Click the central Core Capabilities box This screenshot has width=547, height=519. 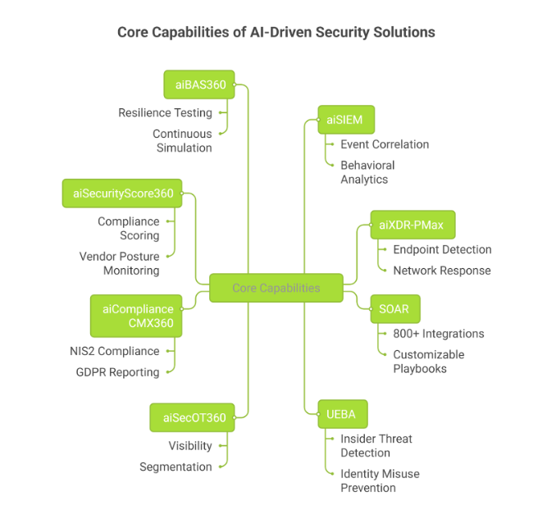coord(276,288)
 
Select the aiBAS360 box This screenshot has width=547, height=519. coord(199,84)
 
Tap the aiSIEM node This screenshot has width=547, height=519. coord(340,120)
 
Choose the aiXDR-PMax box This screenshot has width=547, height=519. coord(412,224)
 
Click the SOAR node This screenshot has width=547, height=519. coord(394,309)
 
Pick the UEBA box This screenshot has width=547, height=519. coord(342,414)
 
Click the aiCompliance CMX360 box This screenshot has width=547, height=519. coord(138,316)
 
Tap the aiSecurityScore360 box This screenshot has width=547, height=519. coord(123,193)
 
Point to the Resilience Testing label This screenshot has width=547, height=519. coord(165,112)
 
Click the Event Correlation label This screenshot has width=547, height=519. coord(385,144)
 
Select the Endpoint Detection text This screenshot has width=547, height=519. coord(442,249)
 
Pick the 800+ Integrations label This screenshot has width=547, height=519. coord(438,334)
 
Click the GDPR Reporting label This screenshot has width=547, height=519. coord(117,372)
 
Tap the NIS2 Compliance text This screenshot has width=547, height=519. coord(114,351)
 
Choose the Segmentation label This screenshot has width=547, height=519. coord(175,467)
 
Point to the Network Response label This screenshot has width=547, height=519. coord(441,271)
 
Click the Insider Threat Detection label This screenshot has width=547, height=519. coord(376,445)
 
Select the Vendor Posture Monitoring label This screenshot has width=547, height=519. coord(120,263)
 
